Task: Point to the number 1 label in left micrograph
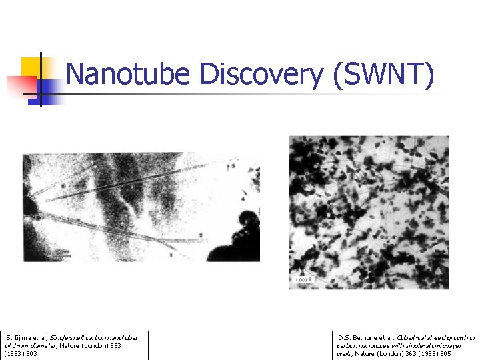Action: coord(171,255)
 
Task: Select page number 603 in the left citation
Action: coord(31,354)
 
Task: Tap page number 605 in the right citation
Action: coord(443,354)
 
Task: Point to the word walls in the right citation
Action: coord(345,354)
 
